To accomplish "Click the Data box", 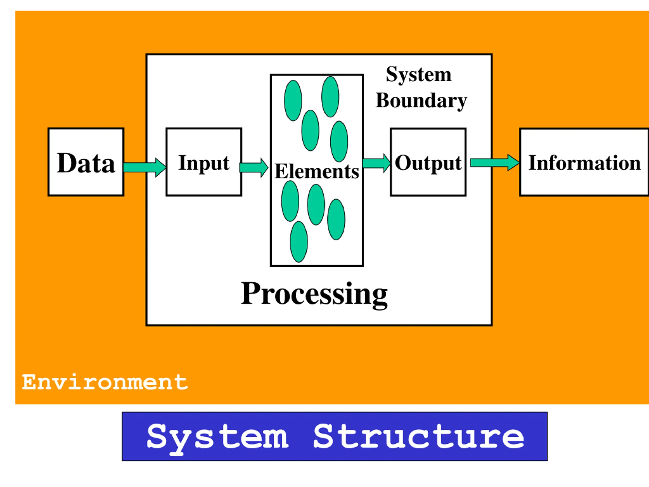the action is point(86,162).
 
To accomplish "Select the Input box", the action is point(204,162).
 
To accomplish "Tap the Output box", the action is point(428,162).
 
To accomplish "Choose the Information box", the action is point(584,162).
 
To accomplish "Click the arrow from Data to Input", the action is point(145,167).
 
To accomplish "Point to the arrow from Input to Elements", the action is point(254,168).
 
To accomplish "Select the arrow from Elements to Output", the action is point(377,163).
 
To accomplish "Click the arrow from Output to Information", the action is point(495,163).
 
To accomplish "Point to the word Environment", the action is point(105,382).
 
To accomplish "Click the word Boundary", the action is point(421,101).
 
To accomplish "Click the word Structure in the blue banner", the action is point(419,437).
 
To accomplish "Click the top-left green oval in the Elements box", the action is point(293,101).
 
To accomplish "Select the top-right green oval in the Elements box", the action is point(330,97).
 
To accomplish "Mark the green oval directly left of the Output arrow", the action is point(339,142).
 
